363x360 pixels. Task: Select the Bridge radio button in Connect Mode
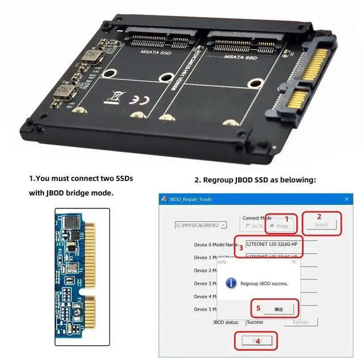tap(272, 226)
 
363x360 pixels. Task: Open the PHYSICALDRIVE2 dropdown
tap(223, 225)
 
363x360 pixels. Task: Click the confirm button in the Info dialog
tap(278, 309)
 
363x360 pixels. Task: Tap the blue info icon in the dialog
tap(231, 283)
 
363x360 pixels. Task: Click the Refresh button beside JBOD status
tap(300, 322)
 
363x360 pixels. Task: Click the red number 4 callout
tap(258, 341)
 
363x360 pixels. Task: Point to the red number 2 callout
tap(319, 216)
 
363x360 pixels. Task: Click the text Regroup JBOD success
tap(264, 283)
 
